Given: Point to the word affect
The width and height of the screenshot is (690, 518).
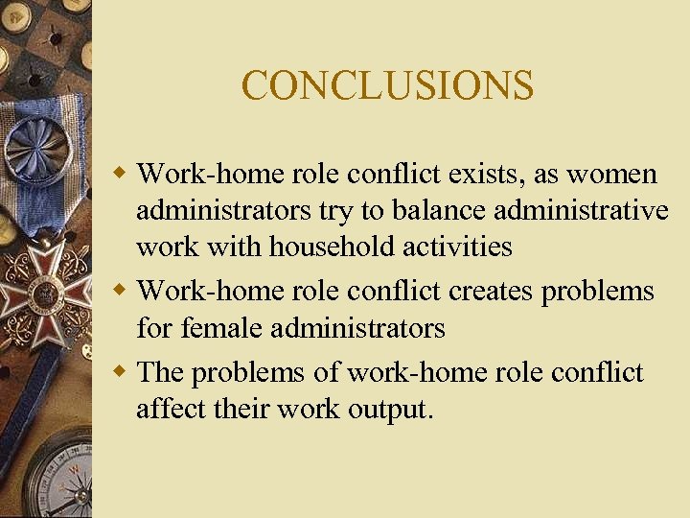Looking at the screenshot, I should (170, 409).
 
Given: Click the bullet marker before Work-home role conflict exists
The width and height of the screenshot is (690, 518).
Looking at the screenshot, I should (122, 175).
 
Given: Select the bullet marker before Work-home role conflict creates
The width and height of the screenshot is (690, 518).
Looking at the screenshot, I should (122, 291).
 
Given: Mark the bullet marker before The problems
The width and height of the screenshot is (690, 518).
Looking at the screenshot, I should (122, 372).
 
